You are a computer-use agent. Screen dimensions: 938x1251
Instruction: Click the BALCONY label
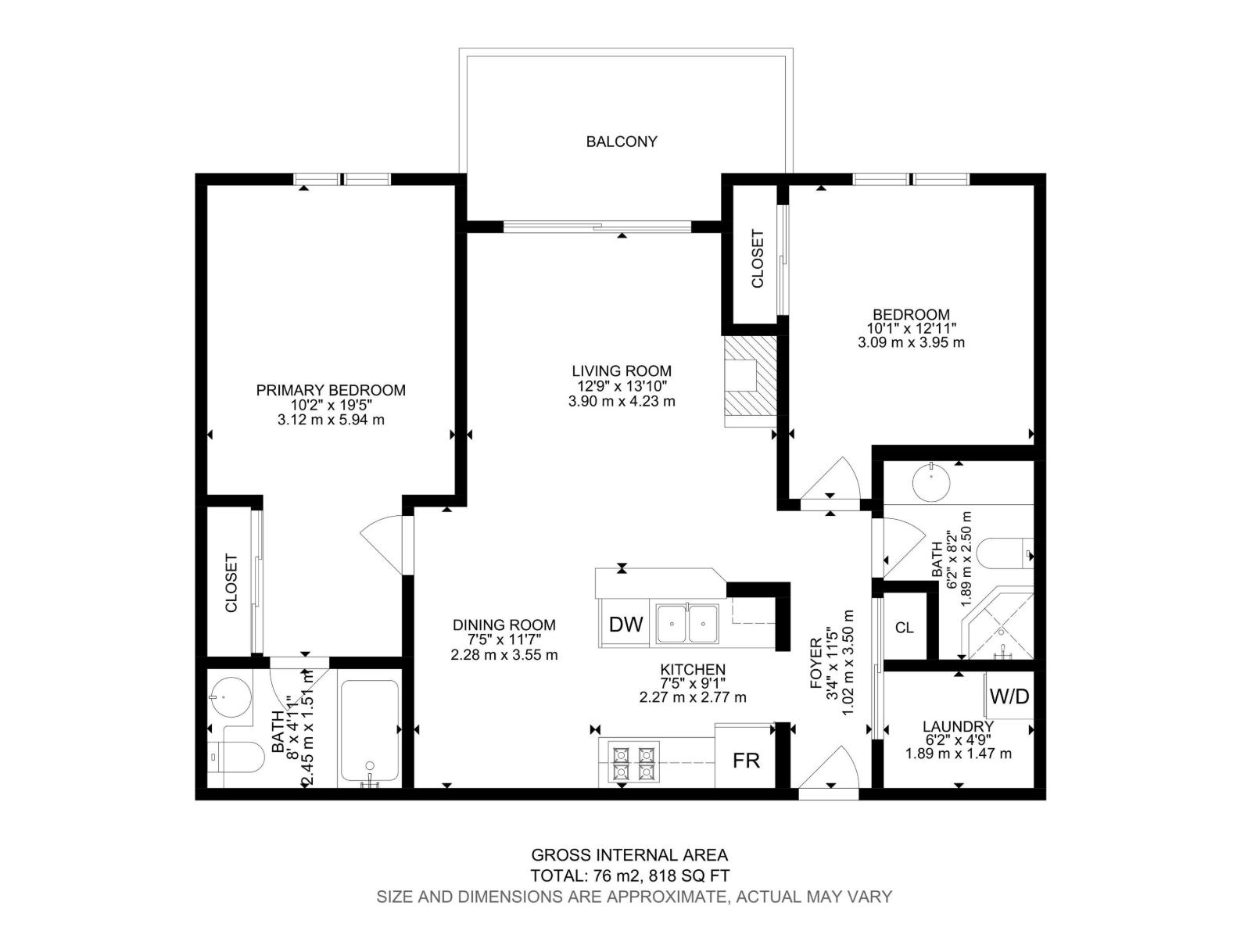click(622, 141)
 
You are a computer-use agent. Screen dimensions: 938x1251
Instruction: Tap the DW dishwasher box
click(625, 624)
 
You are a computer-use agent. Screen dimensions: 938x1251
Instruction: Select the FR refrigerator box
click(745, 760)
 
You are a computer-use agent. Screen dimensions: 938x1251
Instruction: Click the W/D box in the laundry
click(1009, 696)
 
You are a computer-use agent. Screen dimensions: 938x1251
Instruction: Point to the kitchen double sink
click(687, 624)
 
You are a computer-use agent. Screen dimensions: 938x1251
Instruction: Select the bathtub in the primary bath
click(370, 733)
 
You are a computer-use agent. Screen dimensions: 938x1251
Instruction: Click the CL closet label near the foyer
click(904, 628)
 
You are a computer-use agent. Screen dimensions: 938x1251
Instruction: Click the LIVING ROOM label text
click(621, 371)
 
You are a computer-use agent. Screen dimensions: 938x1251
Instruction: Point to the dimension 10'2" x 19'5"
click(331, 405)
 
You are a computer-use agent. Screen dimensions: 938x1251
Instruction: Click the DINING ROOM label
click(504, 625)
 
